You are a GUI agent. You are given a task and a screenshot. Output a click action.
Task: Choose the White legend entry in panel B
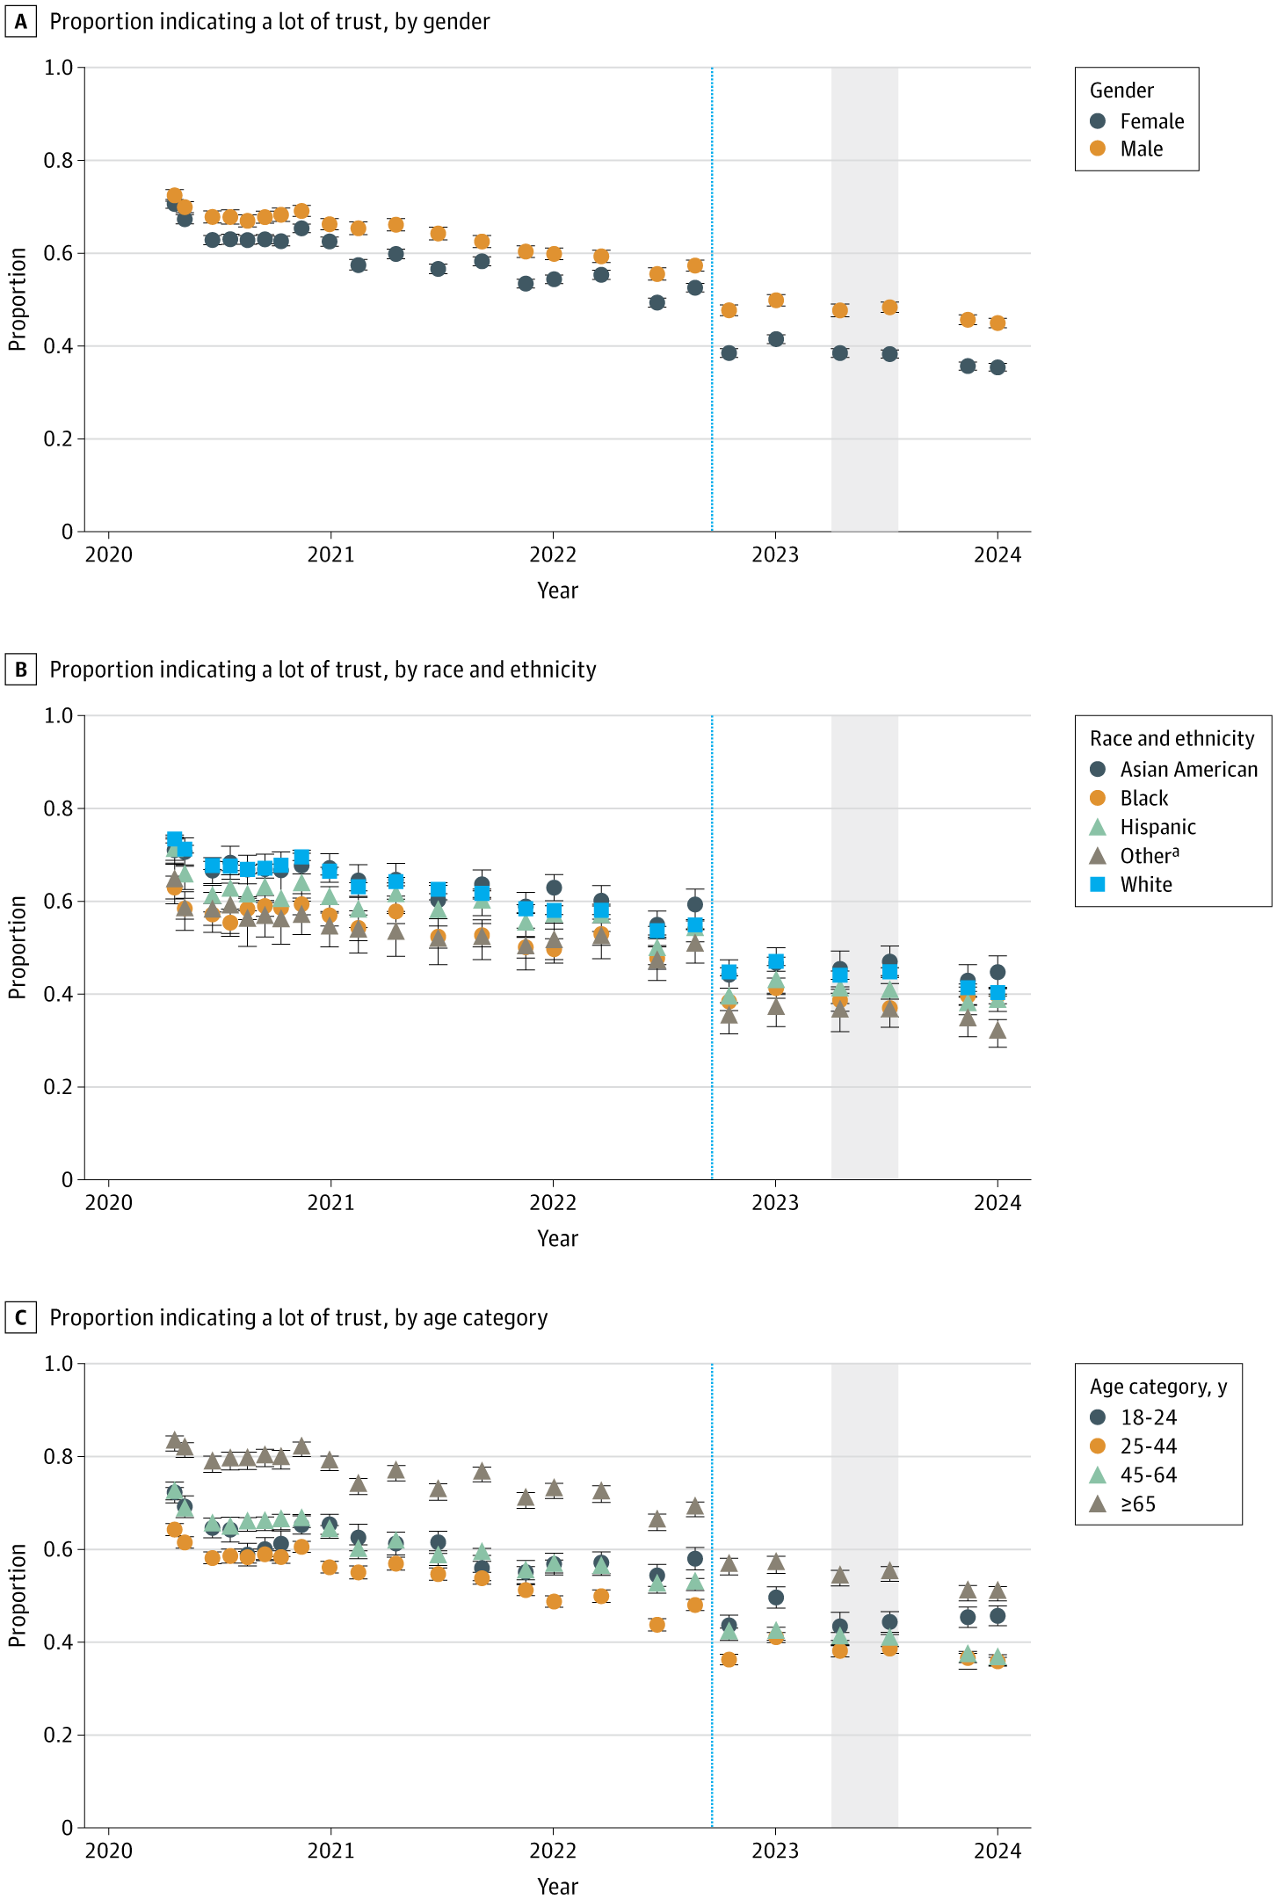pos(1133,885)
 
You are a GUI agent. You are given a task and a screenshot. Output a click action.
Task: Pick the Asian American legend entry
pos(1174,770)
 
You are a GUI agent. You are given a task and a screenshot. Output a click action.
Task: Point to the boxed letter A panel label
pos(20,22)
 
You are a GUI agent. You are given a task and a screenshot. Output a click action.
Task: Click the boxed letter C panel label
pos(20,1318)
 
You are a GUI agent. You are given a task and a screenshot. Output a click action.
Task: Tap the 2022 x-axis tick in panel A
pos(553,555)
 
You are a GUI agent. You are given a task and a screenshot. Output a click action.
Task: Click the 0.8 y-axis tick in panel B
pos(58,808)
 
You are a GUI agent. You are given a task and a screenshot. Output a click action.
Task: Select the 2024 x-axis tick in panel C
pos(997,1852)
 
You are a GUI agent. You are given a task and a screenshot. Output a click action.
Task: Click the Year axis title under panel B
pos(557,1239)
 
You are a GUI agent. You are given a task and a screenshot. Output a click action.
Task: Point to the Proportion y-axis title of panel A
pos(18,300)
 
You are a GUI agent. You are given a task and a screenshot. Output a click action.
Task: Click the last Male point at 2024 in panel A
pos(997,323)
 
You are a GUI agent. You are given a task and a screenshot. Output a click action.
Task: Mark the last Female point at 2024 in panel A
pos(997,367)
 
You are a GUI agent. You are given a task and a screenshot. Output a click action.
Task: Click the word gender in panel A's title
pos(459,22)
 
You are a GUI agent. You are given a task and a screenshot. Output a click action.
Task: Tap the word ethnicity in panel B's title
pos(555,670)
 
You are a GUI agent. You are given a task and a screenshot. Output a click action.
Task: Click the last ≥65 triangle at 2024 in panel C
pos(997,1591)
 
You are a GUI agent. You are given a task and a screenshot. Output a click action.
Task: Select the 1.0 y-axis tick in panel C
pos(58,1363)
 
